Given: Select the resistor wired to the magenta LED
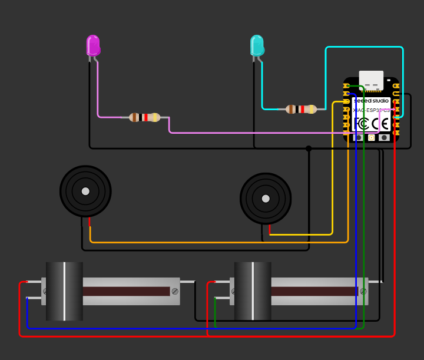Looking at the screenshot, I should pos(144,117).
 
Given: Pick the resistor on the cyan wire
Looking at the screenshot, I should pos(301,109).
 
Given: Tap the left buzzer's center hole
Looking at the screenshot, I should pos(85,191).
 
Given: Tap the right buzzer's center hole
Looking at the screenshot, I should pos(266,199).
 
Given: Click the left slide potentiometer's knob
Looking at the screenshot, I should pos(64,291).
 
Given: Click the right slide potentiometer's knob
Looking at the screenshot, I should pos(253,291).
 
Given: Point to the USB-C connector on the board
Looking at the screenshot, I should pos(371,80).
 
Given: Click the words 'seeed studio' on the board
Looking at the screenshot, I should pos(371,101).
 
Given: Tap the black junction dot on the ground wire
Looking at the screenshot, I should pos(309,148).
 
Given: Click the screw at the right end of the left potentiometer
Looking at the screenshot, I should pos(174,291).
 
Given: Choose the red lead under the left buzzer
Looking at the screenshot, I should pos(90,222).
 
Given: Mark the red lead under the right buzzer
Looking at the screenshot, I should pos(270,229).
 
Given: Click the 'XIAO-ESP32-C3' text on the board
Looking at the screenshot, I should pos(371,110).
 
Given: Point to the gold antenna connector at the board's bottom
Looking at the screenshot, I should pos(371,137).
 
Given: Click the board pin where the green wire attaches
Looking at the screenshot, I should pos(347,86).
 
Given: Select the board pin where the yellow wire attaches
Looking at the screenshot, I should pos(347,102).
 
